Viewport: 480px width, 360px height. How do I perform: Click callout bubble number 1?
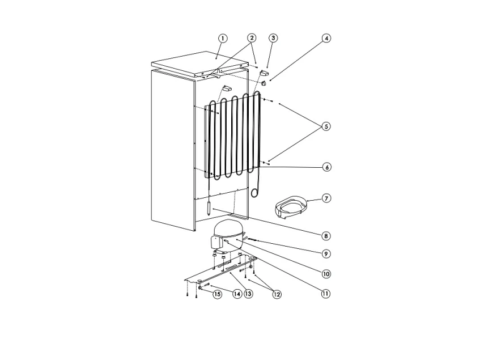(223, 38)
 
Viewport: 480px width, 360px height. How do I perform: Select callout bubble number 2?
(252, 38)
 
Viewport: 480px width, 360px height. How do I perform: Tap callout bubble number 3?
(273, 38)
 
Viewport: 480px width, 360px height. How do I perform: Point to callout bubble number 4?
(326, 38)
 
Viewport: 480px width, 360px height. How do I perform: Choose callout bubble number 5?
(326, 126)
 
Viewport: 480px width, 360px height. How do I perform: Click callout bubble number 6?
(326, 167)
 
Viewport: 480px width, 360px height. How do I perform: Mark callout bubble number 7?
(326, 198)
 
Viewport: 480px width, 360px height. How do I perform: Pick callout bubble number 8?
(326, 235)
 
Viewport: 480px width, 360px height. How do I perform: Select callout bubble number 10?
(326, 273)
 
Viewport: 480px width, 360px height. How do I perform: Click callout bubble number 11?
(326, 294)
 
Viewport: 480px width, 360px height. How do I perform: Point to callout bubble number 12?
(277, 294)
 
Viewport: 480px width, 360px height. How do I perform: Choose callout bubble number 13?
(248, 294)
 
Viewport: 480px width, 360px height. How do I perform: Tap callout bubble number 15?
(217, 294)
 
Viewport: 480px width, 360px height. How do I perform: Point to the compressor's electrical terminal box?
(216, 243)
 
